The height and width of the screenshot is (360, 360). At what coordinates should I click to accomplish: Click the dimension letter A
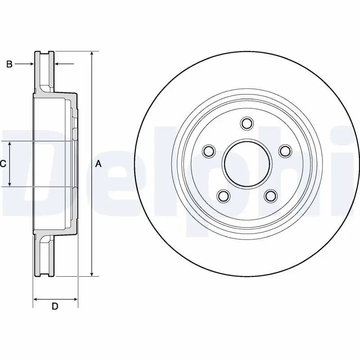point(98,164)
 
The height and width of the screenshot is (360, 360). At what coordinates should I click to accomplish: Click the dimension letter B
point(9,64)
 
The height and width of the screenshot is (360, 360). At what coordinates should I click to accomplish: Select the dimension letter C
point(3,164)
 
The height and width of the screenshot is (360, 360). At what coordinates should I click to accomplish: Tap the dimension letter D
point(55,306)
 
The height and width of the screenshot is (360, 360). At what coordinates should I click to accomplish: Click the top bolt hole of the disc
point(247,123)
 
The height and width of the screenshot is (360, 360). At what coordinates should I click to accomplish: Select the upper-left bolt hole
point(209,151)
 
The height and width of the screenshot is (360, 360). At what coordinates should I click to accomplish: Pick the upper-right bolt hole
point(285,151)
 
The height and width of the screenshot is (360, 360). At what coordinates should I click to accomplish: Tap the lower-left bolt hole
point(223,196)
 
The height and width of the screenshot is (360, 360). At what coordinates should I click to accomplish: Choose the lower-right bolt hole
point(271,196)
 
